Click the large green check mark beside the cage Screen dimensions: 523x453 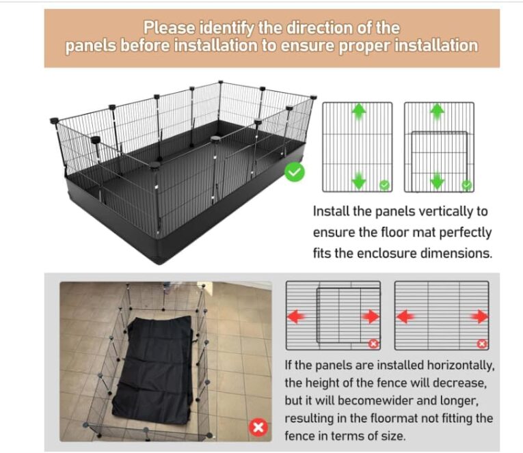coord(295,172)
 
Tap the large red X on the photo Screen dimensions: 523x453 coord(258,427)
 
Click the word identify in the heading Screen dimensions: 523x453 coord(227,27)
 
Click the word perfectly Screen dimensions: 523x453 coord(466,233)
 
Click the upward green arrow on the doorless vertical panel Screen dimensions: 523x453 coord(359,111)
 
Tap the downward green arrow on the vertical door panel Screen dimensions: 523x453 coord(438,181)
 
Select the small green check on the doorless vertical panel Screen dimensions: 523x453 coord(385,184)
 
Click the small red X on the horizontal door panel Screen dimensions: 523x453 coord(373,344)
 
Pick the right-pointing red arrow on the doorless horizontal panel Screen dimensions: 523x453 coord(480,316)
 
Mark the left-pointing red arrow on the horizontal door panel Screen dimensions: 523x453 coord(295,316)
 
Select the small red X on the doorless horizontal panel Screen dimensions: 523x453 coord(482,344)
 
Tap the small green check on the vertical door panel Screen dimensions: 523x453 coord(467,184)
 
